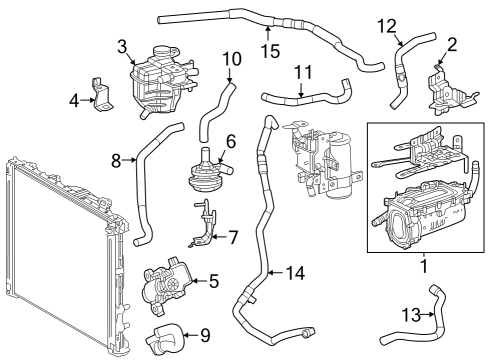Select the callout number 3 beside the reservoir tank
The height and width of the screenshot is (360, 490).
click(121, 46)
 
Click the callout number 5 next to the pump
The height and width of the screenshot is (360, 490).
click(213, 281)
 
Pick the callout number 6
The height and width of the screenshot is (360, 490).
click(230, 142)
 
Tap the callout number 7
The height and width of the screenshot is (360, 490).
click(232, 238)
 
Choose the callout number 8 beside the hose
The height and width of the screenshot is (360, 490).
click(116, 159)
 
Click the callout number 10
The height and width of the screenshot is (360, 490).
click(231, 58)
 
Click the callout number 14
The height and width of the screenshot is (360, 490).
click(294, 271)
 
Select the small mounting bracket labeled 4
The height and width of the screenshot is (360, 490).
click(101, 91)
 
